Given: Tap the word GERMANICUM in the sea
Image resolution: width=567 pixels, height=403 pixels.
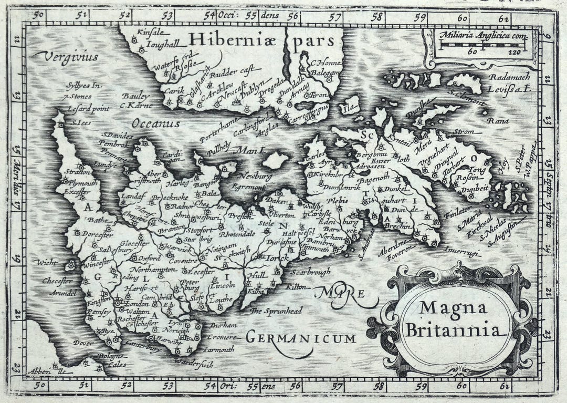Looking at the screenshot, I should (301, 338).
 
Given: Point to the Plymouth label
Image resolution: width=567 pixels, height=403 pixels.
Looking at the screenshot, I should (81, 183).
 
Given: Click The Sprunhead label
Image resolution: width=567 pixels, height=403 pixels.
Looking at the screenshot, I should (276, 311).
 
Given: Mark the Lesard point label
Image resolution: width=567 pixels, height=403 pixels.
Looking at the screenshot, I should (89, 109).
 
